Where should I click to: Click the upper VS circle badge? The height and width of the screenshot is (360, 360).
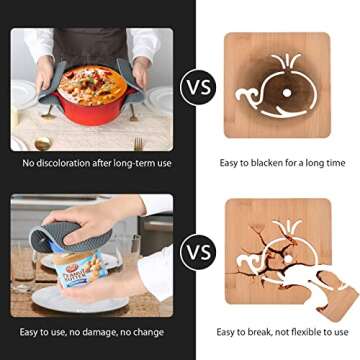[197, 87]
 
